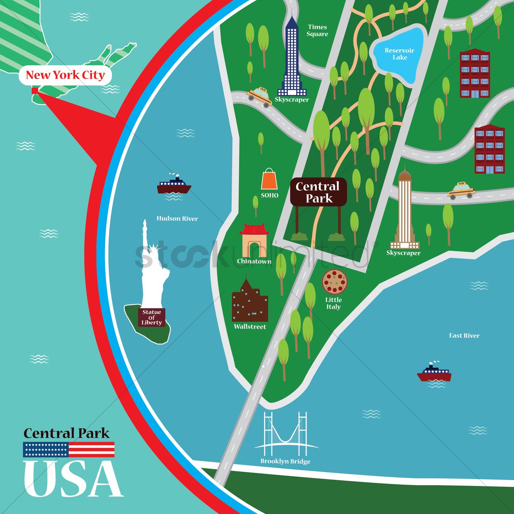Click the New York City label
(x=65, y=75)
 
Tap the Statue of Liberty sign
(x=152, y=317)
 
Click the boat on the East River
(x=434, y=373)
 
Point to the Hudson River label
(x=177, y=219)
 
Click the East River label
(x=464, y=336)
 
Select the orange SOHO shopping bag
(x=269, y=180)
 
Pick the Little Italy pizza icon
(x=334, y=282)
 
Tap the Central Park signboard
(x=318, y=192)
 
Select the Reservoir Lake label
(x=399, y=54)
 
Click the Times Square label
(x=317, y=30)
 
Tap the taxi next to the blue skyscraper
(x=259, y=96)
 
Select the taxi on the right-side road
(x=461, y=190)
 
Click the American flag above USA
(x=69, y=450)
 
